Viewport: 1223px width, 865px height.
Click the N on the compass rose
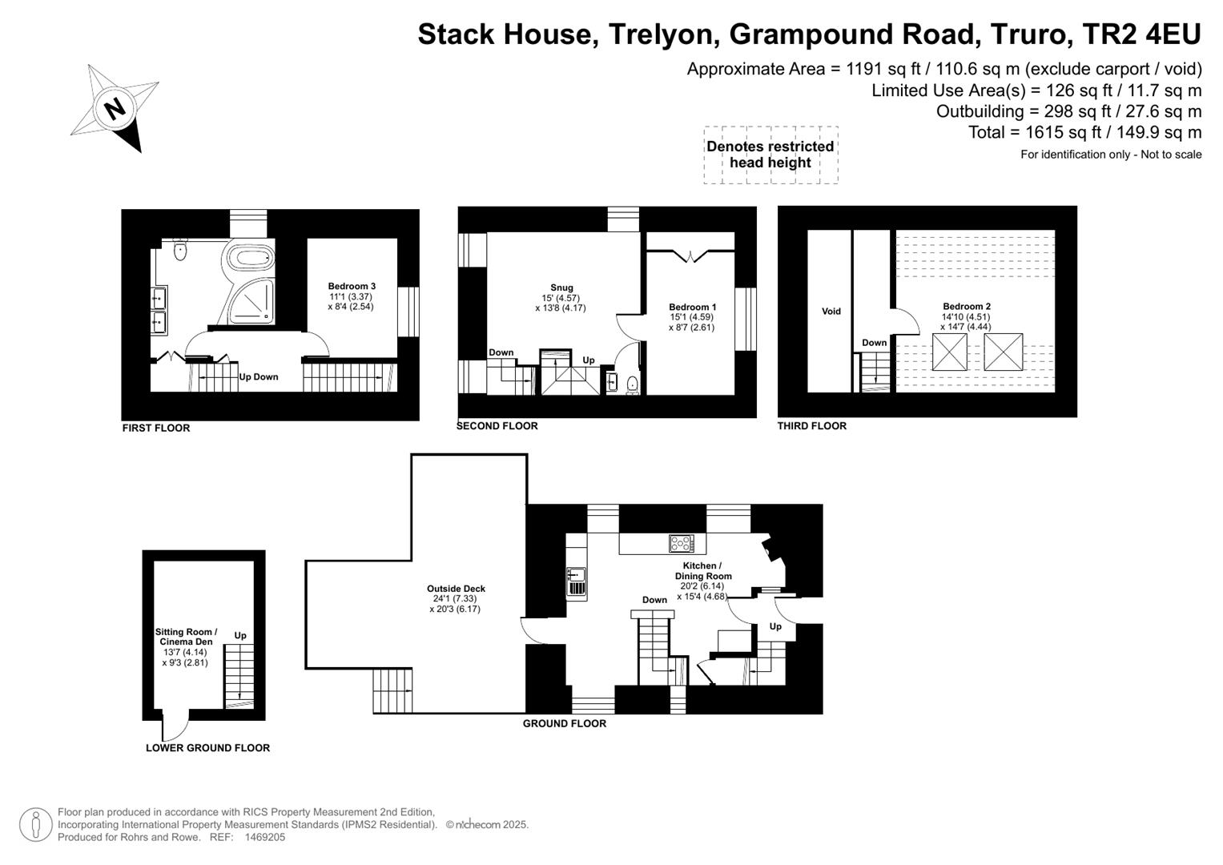pyautogui.click(x=115, y=108)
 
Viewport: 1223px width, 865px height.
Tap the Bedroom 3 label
pyautogui.click(x=352, y=286)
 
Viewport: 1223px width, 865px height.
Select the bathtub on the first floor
pyautogui.click(x=251, y=256)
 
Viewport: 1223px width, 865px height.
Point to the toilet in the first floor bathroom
pyautogui.click(x=179, y=249)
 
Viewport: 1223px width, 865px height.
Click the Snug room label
pyautogui.click(x=561, y=288)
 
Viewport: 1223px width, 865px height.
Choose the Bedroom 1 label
pyautogui.click(x=692, y=307)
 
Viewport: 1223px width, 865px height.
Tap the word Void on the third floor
pyautogui.click(x=831, y=312)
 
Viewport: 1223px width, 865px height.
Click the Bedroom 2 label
pyautogui.click(x=966, y=306)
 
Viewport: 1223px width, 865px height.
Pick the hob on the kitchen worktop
pyautogui.click(x=682, y=543)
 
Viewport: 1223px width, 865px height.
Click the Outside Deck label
pyautogui.click(x=456, y=589)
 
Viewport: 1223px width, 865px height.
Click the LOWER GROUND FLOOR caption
pyautogui.click(x=207, y=748)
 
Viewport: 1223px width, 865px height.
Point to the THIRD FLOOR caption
pyautogui.click(x=812, y=426)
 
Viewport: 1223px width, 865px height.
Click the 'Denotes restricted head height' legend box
pyautogui.click(x=770, y=155)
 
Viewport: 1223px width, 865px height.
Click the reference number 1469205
pyautogui.click(x=265, y=837)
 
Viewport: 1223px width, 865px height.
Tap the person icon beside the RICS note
pyautogui.click(x=35, y=825)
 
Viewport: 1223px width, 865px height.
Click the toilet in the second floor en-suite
pyautogui.click(x=632, y=384)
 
